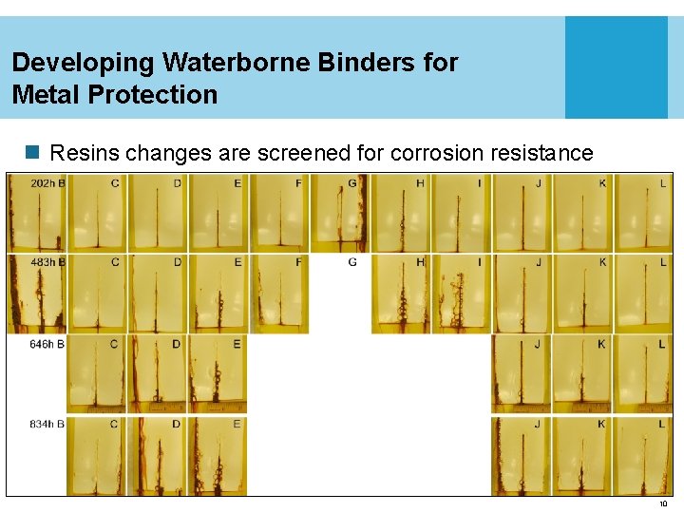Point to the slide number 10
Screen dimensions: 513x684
(x=663, y=503)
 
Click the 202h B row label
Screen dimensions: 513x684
(x=47, y=182)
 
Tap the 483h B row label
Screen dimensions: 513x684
(x=47, y=262)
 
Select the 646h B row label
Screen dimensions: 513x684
(x=47, y=344)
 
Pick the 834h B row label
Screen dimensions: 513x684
(x=47, y=424)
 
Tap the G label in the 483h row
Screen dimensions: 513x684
(x=352, y=262)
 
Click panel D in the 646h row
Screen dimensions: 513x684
(x=157, y=373)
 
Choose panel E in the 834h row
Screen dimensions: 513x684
(x=218, y=456)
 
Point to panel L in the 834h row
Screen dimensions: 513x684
(x=643, y=456)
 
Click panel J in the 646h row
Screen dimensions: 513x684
(x=522, y=373)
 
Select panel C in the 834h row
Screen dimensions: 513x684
(x=96, y=456)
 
